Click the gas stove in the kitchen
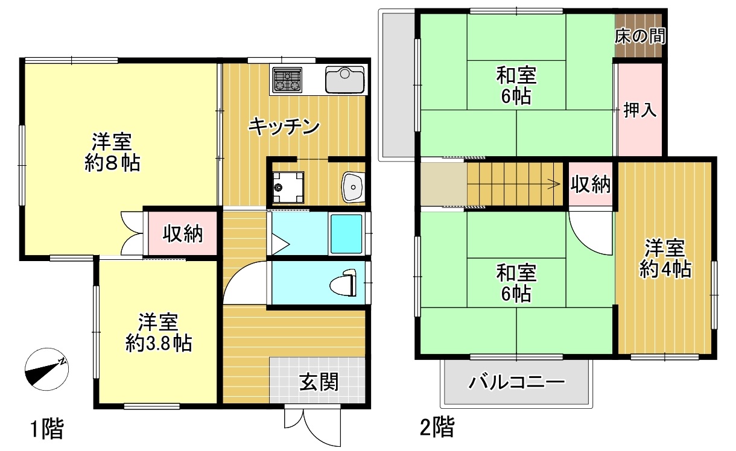288,80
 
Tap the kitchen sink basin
345,80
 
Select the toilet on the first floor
343,283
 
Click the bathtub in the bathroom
346,234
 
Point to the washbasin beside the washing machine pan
353,187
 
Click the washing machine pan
288,188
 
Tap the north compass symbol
46,369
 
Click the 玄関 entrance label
319,382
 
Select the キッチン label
284,127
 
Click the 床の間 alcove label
640,36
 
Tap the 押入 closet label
640,110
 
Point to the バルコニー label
516,382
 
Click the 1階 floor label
46,429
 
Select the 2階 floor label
437,426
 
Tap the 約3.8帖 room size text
159,344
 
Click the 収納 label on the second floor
591,184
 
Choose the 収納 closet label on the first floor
183,234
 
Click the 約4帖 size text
665,269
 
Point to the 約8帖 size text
112,163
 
